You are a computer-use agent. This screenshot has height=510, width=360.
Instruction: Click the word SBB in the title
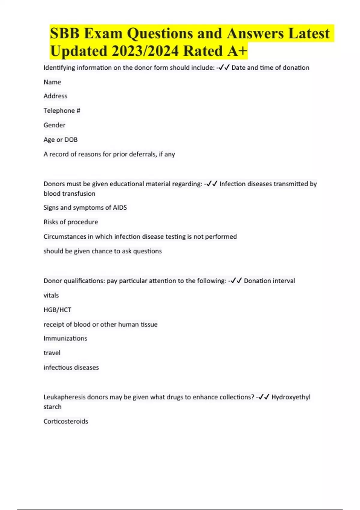[x=65, y=33]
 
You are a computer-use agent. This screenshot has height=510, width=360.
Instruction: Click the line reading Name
[x=52, y=82]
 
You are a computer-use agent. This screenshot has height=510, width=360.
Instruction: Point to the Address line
[x=55, y=96]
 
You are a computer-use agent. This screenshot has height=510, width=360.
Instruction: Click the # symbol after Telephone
[x=78, y=111]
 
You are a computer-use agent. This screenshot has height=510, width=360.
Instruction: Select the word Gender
[x=54, y=125]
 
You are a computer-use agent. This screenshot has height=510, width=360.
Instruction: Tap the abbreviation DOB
[x=71, y=140]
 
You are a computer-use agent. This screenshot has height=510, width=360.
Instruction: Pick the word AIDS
[x=120, y=208]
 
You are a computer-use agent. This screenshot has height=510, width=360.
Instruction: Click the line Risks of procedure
[x=71, y=222]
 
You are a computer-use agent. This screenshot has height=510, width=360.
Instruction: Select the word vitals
[x=51, y=295]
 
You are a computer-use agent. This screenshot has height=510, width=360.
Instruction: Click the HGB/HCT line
[x=57, y=310]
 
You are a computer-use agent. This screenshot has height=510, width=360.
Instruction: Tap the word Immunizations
[x=65, y=338]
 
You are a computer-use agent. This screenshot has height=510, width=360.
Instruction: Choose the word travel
[x=52, y=353]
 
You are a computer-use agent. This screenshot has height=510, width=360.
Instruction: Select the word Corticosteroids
[x=66, y=421]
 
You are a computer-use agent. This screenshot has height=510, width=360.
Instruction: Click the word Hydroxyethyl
[x=291, y=397]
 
